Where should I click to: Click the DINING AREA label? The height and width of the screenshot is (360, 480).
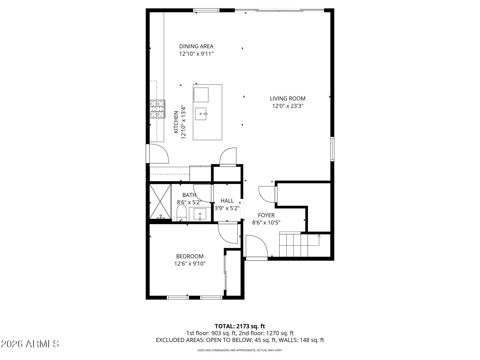pyautogui.click(x=196, y=46)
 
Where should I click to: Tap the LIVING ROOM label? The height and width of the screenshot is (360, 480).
pyautogui.click(x=288, y=98)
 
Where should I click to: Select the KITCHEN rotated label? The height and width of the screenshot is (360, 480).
pyautogui.click(x=176, y=122)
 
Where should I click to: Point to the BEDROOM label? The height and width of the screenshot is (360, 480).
pyautogui.click(x=190, y=256)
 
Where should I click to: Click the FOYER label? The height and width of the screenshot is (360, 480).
pyautogui.click(x=266, y=215)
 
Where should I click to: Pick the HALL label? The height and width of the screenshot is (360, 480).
pyautogui.click(x=227, y=201)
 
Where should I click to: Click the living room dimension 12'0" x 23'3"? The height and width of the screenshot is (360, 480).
pyautogui.click(x=288, y=106)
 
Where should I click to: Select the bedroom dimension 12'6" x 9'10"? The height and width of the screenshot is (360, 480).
pyautogui.click(x=190, y=264)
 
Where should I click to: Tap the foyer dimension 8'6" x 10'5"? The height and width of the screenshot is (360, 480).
pyautogui.click(x=266, y=222)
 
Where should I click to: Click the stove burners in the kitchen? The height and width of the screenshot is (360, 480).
pyautogui.click(x=157, y=109)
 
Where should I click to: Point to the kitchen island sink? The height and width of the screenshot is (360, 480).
pyautogui.click(x=200, y=114)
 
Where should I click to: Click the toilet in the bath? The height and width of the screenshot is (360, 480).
pyautogui.click(x=182, y=213)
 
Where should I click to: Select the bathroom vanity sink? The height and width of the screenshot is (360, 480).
pyautogui.click(x=200, y=215)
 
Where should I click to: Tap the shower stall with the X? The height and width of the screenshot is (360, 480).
pyautogui.click(x=160, y=201)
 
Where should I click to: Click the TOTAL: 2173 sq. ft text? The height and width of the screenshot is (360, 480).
pyautogui.click(x=240, y=326)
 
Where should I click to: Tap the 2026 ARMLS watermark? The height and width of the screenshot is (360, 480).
pyautogui.click(x=30, y=344)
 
